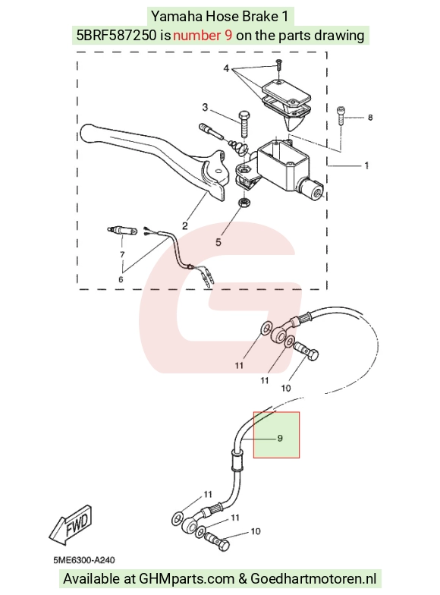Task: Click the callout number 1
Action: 366,165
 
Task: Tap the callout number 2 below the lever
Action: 185,226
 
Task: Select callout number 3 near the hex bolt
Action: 205,108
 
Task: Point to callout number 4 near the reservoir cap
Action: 226,68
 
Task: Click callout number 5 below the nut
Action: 218,242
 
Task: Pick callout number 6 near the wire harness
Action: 121,279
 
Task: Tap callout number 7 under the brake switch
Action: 122,255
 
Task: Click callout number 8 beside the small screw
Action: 370,118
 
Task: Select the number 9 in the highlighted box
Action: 280,439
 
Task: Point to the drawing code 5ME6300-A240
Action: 83,560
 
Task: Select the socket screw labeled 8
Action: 341,115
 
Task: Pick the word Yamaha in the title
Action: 176,17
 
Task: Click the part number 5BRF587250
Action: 117,35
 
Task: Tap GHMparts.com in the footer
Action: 187,579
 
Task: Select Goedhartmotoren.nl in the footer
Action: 313,579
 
